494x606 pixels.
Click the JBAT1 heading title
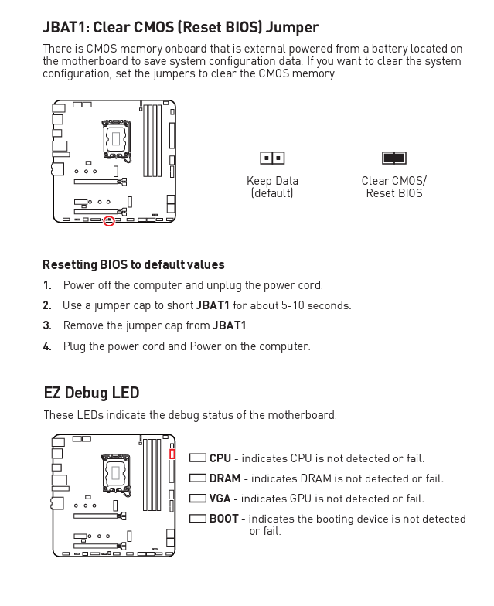click(x=180, y=28)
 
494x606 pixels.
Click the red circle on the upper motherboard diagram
click(x=109, y=221)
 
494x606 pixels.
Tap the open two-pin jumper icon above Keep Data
click(x=272, y=158)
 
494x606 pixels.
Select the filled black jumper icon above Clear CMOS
click(x=393, y=158)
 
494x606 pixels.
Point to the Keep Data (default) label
click(x=272, y=187)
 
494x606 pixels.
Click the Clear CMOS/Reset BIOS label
click(x=393, y=187)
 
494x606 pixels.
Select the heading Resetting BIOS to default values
click(x=134, y=265)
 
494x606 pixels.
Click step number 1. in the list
click(x=47, y=285)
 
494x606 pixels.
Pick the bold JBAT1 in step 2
click(x=213, y=305)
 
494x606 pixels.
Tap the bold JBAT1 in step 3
click(x=230, y=325)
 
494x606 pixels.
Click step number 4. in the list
click(x=47, y=346)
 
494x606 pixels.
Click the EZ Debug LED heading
click(x=91, y=393)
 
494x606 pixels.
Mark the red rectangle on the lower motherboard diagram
click(x=172, y=454)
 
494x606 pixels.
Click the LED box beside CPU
click(x=197, y=458)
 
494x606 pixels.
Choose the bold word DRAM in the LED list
click(x=224, y=478)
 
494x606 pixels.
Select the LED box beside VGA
click(x=197, y=499)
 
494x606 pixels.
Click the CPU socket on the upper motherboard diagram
click(x=116, y=139)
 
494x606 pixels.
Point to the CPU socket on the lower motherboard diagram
click(x=116, y=472)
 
